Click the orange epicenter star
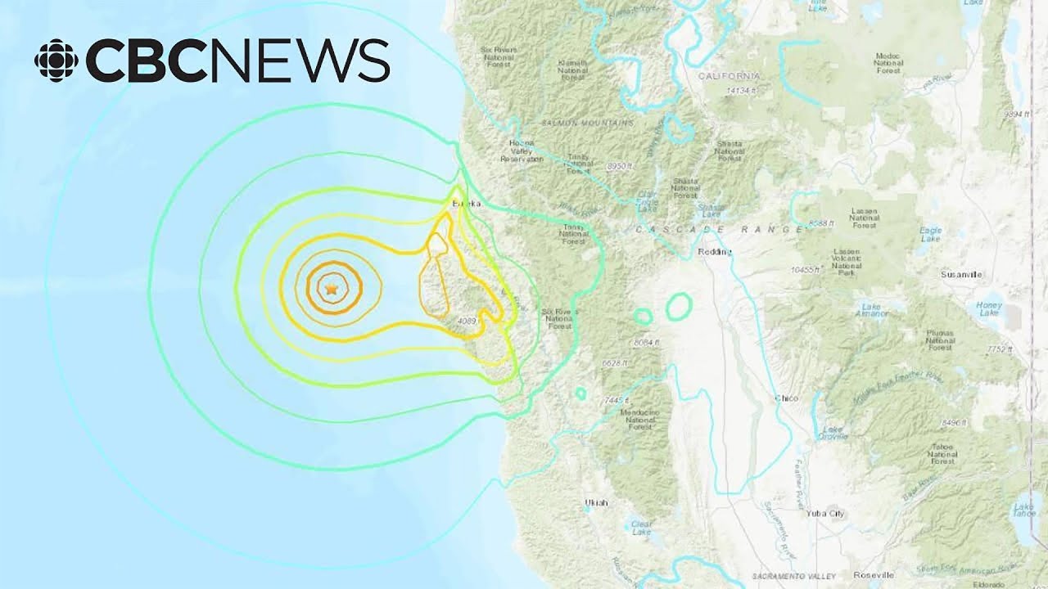pos(331,290)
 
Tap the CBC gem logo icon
pos(56,60)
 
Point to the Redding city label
pos(714,252)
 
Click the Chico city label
pos(786,398)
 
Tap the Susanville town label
pos(960,275)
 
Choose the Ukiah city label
pos(597,501)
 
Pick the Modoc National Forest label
pos(888,63)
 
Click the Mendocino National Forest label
pos(641,420)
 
